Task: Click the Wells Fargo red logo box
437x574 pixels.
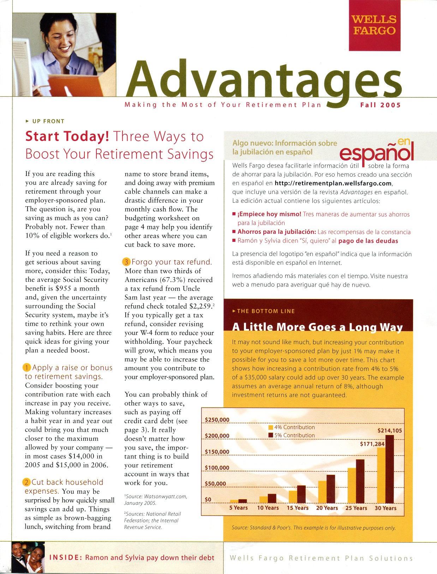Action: [x=375, y=25]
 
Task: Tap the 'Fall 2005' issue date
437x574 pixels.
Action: [x=380, y=105]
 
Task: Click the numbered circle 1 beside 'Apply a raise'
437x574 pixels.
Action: [x=27, y=368]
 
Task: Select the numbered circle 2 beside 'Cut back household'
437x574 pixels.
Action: [x=27, y=482]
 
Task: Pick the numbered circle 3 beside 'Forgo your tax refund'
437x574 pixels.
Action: [x=126, y=262]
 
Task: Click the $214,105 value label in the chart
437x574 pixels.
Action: [x=390, y=430]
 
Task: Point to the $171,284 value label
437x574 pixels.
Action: [x=372, y=444]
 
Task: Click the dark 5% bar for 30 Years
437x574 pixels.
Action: [x=389, y=469]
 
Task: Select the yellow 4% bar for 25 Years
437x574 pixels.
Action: [x=352, y=486]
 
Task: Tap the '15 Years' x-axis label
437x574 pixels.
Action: [x=297, y=508]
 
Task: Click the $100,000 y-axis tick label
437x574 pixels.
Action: [x=217, y=468]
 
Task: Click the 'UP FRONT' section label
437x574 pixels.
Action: [x=48, y=121]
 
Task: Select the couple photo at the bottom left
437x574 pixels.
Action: [x=28, y=557]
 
